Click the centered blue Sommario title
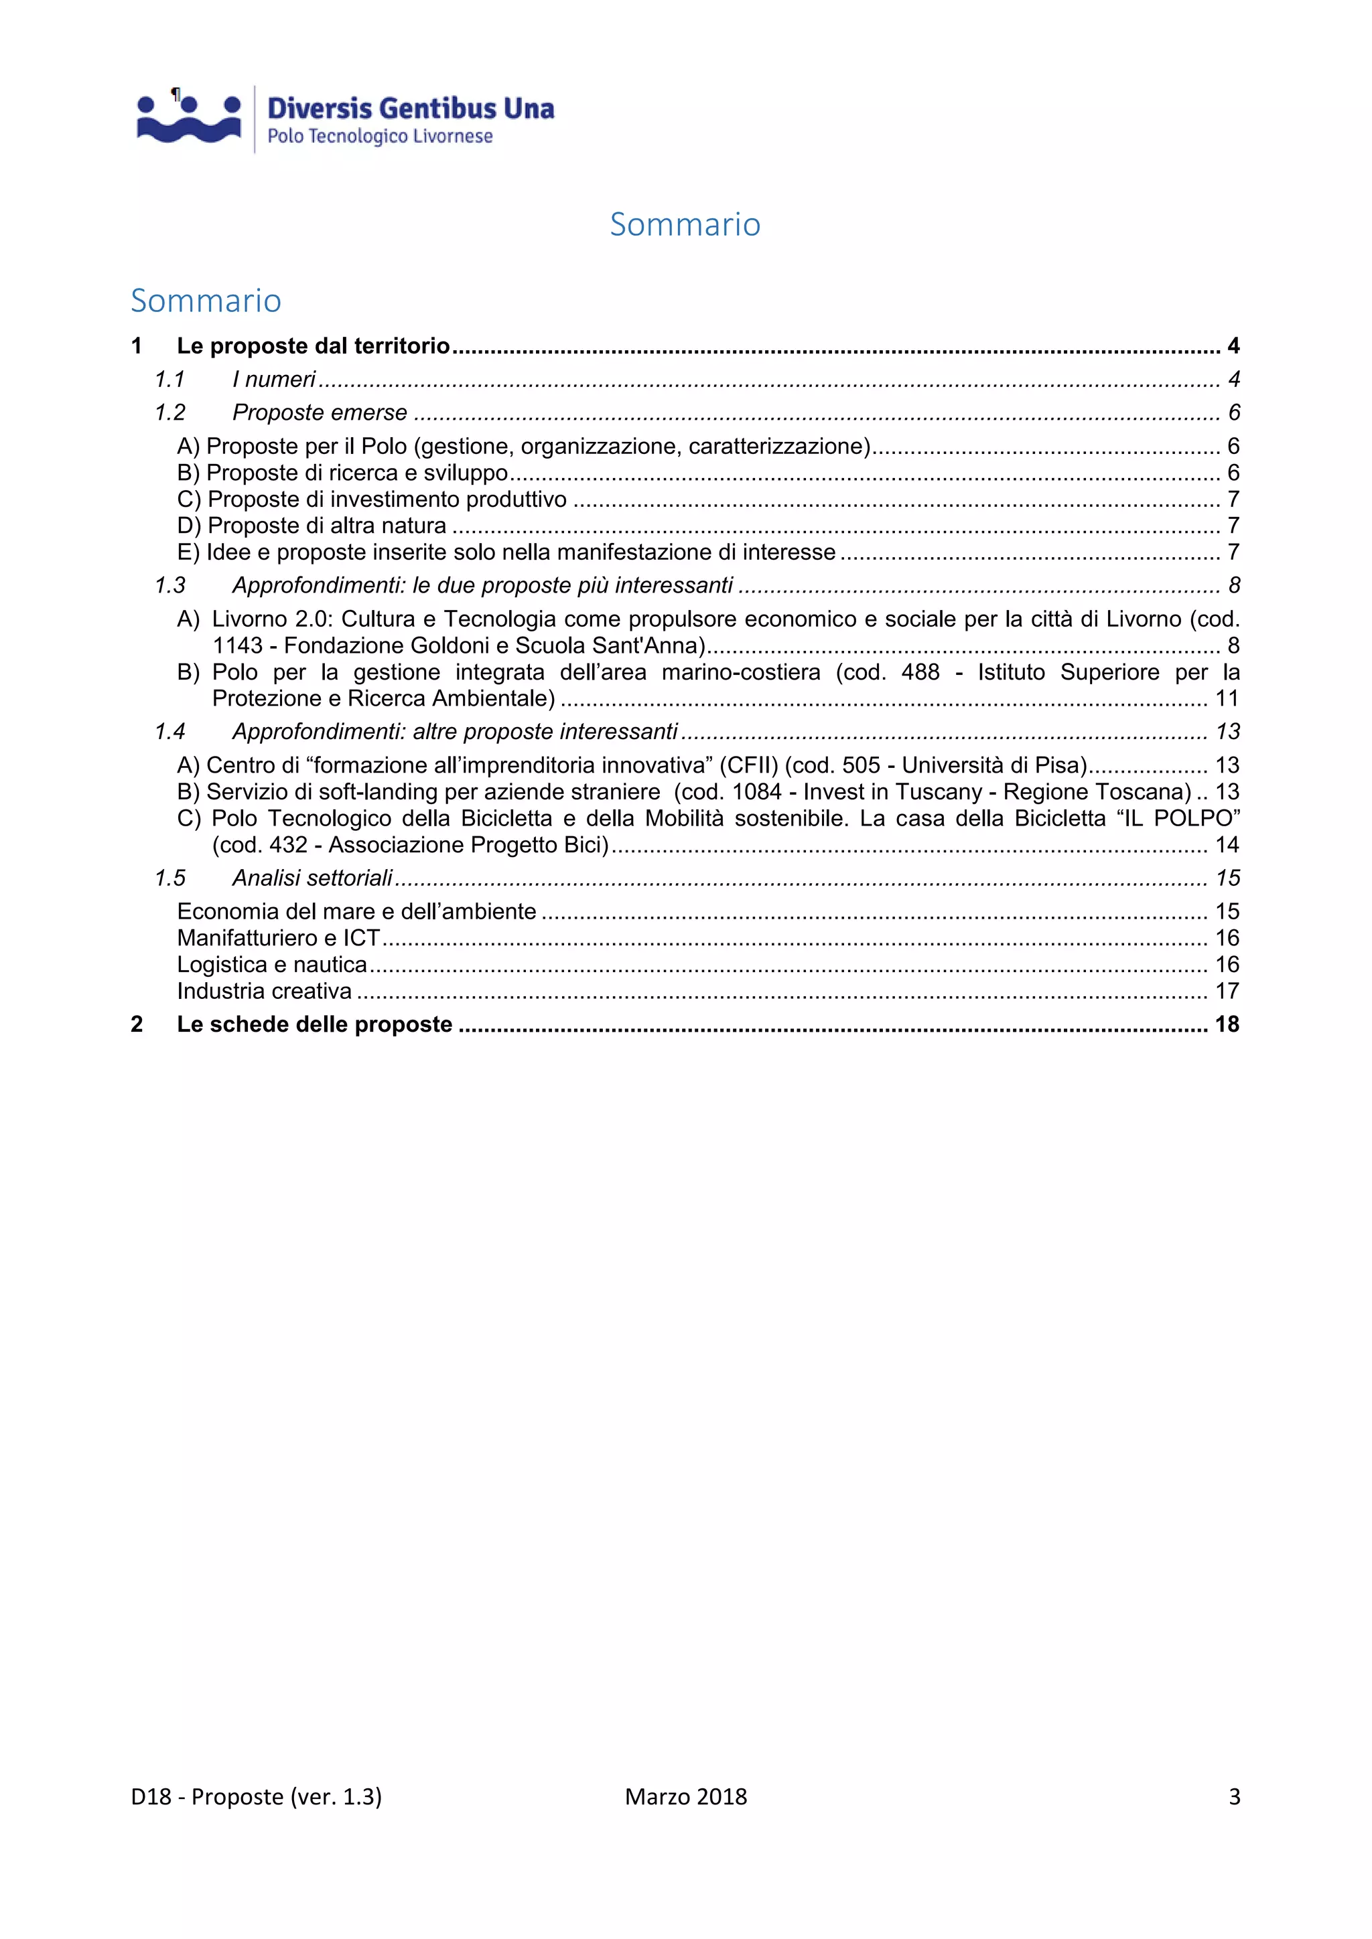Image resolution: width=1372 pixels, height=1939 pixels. [x=685, y=225]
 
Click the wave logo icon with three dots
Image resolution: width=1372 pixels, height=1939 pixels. [x=189, y=119]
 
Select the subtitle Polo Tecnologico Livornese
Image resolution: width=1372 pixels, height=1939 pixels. [x=379, y=137]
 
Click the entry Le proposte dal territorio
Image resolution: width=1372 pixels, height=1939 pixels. [x=313, y=346]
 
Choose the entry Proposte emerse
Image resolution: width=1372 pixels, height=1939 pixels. [x=320, y=413]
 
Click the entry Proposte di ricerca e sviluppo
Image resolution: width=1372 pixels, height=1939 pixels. [x=356, y=473]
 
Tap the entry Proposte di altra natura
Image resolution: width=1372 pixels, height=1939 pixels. [x=326, y=526]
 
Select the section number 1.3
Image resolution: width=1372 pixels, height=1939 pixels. [x=169, y=586]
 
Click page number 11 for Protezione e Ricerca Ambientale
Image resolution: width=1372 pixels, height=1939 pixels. [x=1227, y=699]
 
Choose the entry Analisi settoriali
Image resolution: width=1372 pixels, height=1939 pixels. [x=313, y=879]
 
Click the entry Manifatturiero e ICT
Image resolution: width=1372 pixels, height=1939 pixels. [x=279, y=938]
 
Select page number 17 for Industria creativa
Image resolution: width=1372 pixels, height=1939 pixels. [x=1227, y=992]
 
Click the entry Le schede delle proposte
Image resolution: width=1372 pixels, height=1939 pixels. [x=314, y=1025]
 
